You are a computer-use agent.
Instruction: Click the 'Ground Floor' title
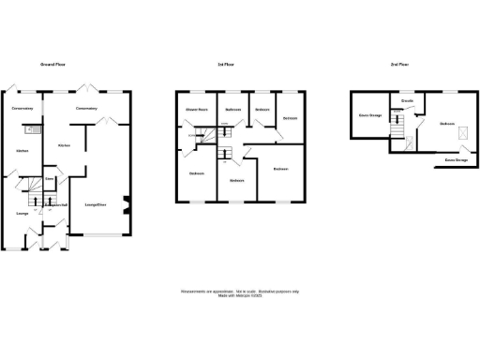(x=51, y=65)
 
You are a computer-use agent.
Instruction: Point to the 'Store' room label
(x=51, y=178)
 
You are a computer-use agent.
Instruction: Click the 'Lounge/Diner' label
(x=96, y=204)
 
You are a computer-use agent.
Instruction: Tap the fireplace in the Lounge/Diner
(x=129, y=202)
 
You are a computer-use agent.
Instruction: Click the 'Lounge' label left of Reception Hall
(x=22, y=213)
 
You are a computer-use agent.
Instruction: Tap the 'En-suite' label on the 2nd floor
(x=408, y=99)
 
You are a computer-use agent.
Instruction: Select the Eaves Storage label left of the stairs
(x=370, y=116)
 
